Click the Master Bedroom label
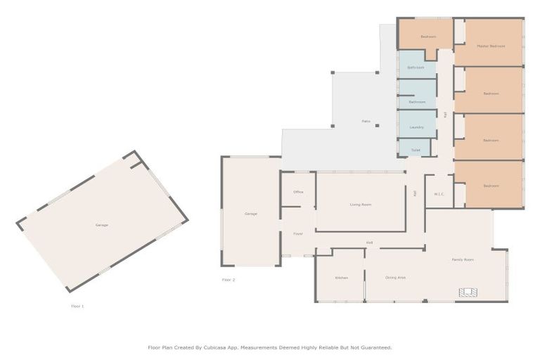click(x=491, y=47)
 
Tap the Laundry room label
click(x=416, y=127)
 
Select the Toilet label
click(x=416, y=150)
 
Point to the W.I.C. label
click(x=439, y=194)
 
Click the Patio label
click(x=366, y=121)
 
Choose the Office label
click(x=297, y=192)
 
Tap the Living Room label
click(x=361, y=205)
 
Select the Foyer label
click(x=297, y=233)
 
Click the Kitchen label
click(x=341, y=278)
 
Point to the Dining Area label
click(x=395, y=278)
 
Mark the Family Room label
click(x=462, y=259)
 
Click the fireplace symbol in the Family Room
click(x=468, y=292)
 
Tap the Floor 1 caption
click(x=77, y=307)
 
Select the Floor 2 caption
click(x=229, y=280)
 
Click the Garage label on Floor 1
click(x=102, y=225)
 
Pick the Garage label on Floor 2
click(x=250, y=214)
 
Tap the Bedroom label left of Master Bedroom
click(x=428, y=37)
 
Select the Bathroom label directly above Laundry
click(x=417, y=102)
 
